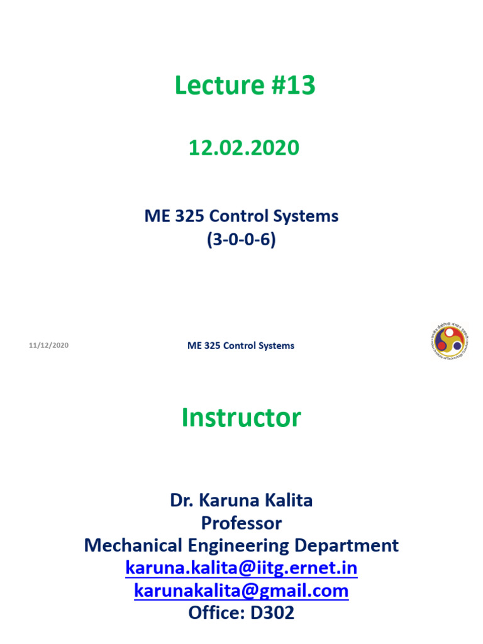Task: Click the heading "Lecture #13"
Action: click(245, 86)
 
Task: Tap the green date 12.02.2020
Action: click(244, 148)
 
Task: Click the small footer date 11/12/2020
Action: click(48, 345)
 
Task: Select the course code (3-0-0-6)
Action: click(241, 240)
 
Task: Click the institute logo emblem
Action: click(450, 342)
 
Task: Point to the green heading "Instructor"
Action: click(241, 418)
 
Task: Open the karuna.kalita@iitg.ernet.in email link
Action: click(241, 568)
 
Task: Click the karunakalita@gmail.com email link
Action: click(241, 591)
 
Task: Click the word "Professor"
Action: click(241, 523)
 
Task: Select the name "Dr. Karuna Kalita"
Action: click(241, 501)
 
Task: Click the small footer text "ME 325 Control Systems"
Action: click(241, 345)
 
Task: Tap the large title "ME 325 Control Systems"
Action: click(241, 216)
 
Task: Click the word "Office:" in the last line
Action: click(213, 613)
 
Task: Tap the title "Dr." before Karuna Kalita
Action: click(182, 501)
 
